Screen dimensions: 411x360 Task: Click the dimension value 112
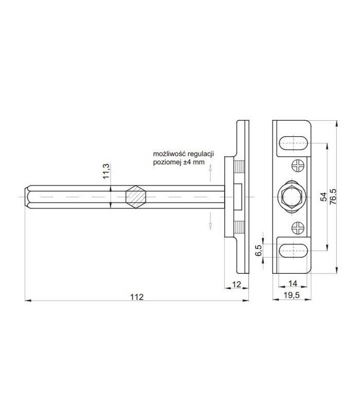click(x=136, y=296)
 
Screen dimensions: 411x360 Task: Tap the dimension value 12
click(x=237, y=284)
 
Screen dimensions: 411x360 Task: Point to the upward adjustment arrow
click(x=210, y=177)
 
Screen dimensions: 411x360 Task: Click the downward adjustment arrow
click(x=210, y=221)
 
